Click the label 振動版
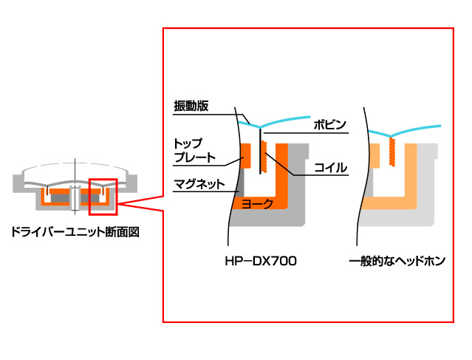tap(191, 106)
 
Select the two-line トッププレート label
tap(194, 150)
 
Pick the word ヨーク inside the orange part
tap(257, 202)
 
